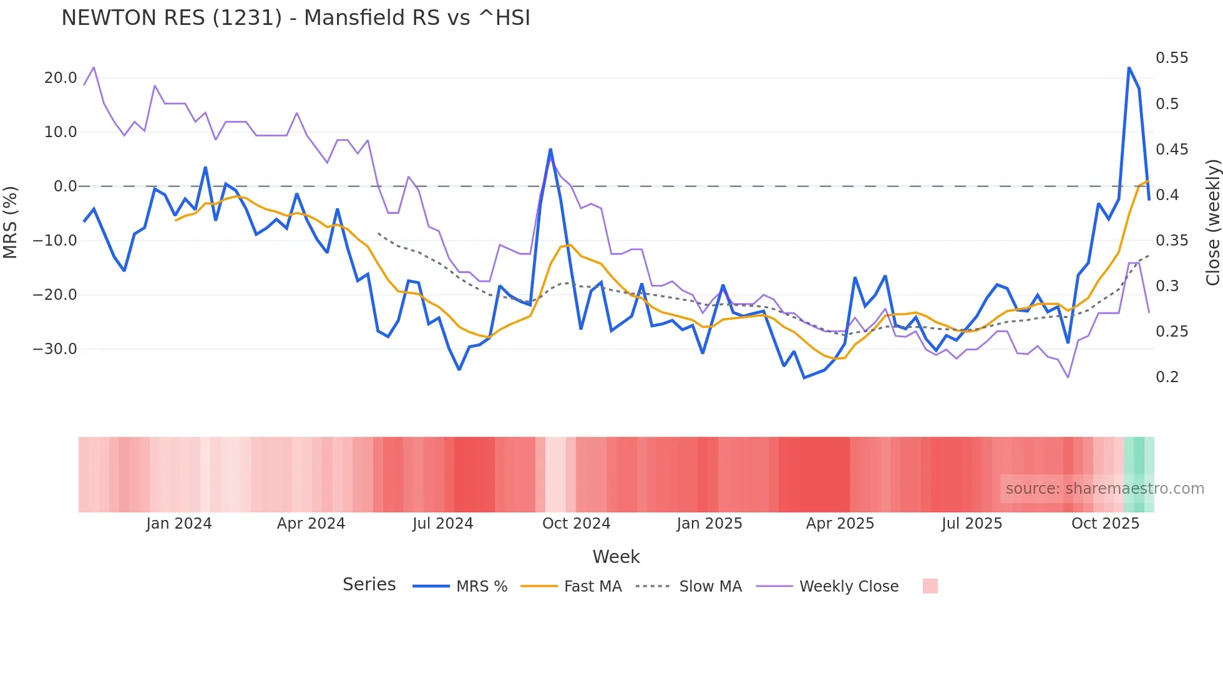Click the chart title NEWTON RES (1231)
pos(296,18)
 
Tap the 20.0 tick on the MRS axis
pos(61,78)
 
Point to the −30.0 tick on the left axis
pos(55,349)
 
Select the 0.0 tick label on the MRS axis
pos(65,186)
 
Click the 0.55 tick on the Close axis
pos(1172,58)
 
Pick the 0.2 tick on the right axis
pos(1167,377)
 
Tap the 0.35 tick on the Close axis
pos(1172,241)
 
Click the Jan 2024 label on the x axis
pos(179,524)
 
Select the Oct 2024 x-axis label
pos(576,524)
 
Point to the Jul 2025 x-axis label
pos(972,524)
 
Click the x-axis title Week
pos(616,557)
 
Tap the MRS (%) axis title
pos(10,222)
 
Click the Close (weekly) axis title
pos(1212,222)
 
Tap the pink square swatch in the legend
pos(930,586)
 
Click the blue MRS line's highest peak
pos(1129,67)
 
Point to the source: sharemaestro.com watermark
pos(1104,489)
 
